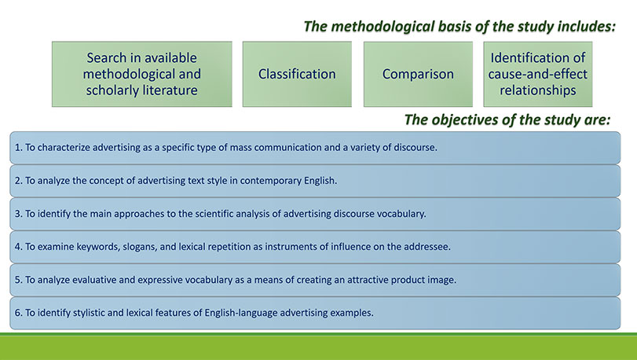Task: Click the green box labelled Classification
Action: pos(297,74)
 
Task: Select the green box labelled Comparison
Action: pos(418,74)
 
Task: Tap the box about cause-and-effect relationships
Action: pos(538,74)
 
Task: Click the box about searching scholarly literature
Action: pos(142,74)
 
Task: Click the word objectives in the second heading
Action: pos(467,119)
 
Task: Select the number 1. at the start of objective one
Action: pos(19,147)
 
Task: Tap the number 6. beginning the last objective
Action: pos(19,313)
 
